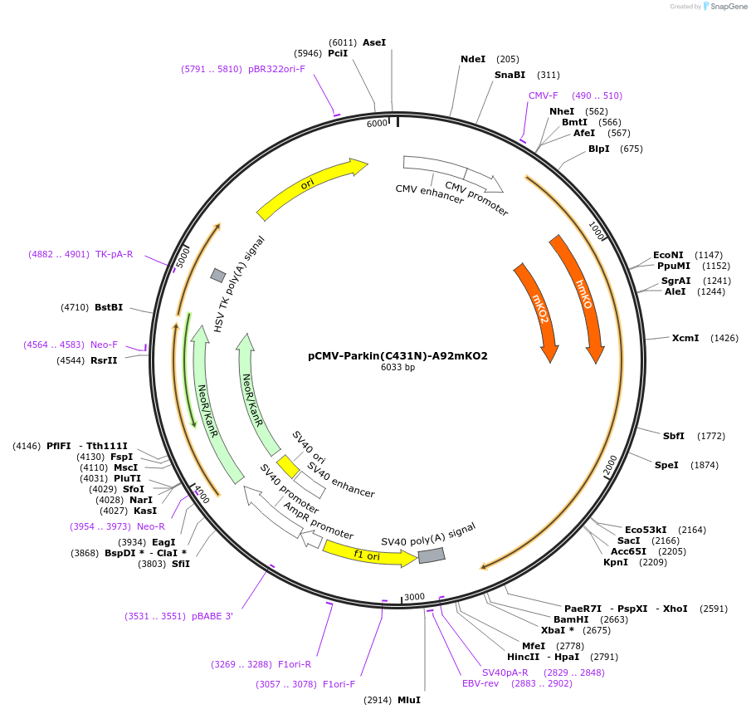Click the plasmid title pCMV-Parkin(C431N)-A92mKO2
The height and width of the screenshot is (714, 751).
coord(397,355)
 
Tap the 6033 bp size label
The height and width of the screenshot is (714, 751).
coord(397,367)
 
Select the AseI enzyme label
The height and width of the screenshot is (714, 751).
coord(374,42)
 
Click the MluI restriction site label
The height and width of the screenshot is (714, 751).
coord(408,700)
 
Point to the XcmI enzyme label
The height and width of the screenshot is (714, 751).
coord(685,338)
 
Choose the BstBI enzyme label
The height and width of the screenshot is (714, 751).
coord(109,307)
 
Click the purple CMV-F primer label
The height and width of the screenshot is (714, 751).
coord(544,95)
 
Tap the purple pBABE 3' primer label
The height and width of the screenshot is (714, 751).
coord(212,616)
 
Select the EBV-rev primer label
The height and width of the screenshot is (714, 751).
coord(480,683)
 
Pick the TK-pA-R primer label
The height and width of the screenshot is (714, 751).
coord(114,254)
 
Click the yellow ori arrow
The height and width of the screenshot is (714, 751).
coord(310,189)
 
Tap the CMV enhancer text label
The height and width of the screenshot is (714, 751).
coord(429,193)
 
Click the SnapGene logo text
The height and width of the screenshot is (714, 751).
coord(729,7)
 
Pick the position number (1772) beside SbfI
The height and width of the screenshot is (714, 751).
coord(711,436)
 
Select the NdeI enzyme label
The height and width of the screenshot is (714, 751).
coord(473,59)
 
